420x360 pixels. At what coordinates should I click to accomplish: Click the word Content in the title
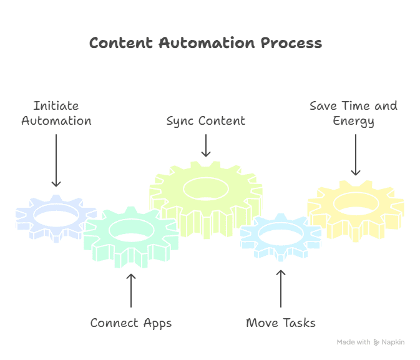tap(121, 43)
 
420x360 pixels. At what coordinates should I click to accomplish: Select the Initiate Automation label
tap(56, 113)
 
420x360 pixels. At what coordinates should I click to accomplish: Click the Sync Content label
tap(205, 120)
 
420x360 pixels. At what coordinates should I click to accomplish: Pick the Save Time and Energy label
tap(353, 113)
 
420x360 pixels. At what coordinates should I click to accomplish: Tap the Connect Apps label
tap(131, 323)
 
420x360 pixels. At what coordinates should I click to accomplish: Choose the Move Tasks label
tap(281, 323)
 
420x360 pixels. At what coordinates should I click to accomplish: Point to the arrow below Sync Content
tap(205, 145)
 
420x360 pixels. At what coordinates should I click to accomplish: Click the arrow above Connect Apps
tap(131, 290)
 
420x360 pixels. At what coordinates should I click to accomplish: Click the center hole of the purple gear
tap(56, 214)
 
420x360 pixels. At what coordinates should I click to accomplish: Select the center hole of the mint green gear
tap(131, 230)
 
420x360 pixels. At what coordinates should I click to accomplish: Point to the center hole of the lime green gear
tap(206, 187)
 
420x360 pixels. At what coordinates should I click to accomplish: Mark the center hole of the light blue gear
tap(281, 234)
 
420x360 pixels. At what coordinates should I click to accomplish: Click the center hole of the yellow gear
tap(355, 202)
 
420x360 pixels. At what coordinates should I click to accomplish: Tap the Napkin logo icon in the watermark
tap(377, 342)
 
